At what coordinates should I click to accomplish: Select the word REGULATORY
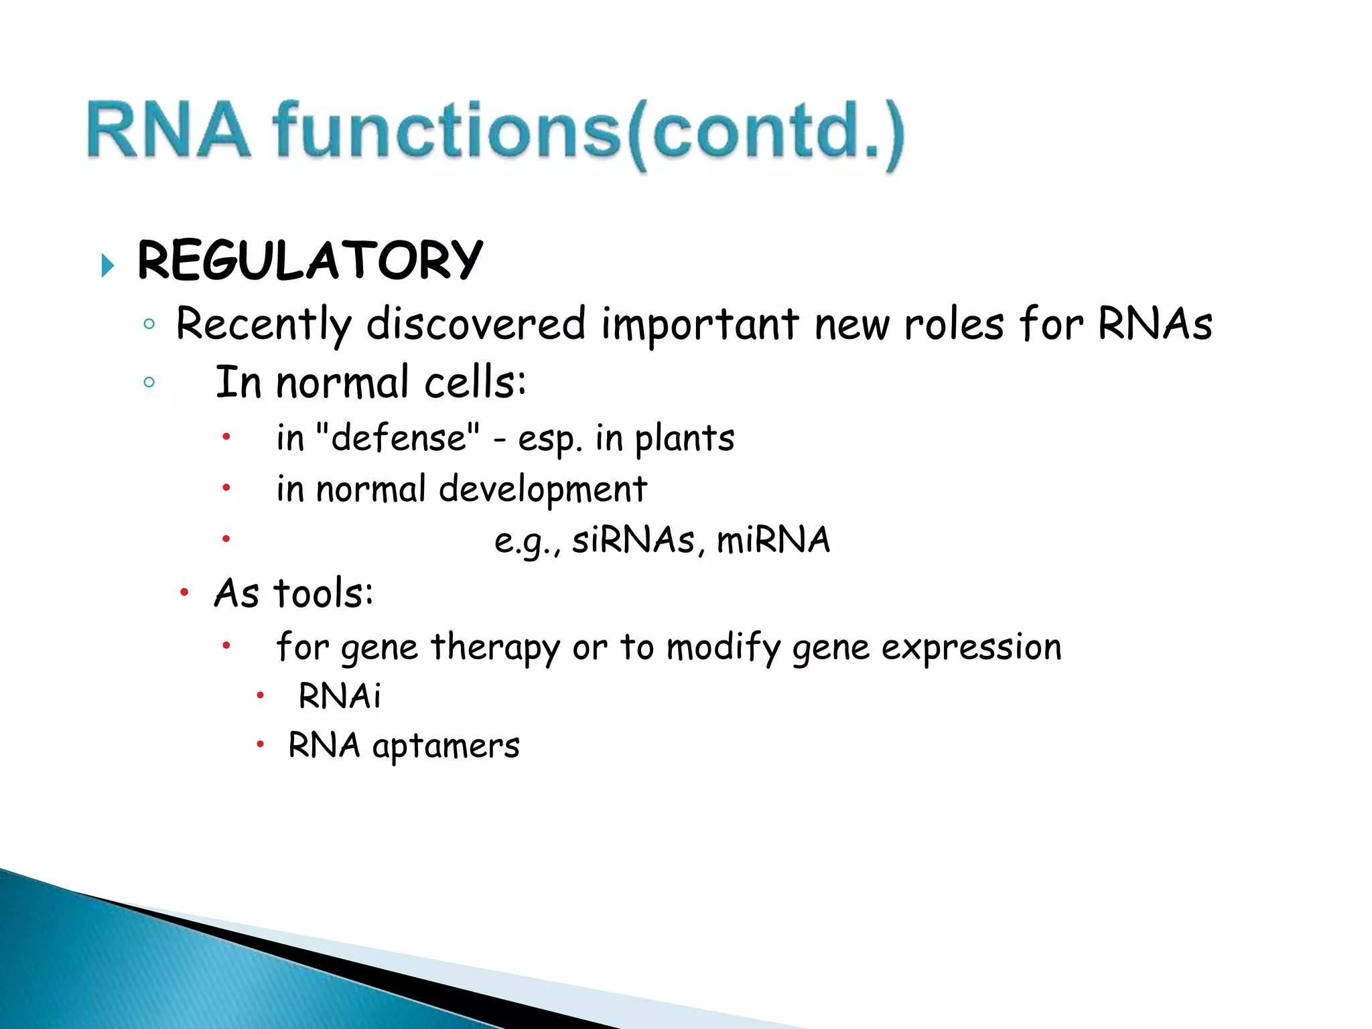310,260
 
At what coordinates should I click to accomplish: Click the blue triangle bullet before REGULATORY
107,266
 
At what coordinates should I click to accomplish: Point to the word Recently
263,324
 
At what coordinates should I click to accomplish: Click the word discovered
476,324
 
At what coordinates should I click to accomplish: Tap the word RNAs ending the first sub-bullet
1154,324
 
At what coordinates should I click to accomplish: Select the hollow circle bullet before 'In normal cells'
149,383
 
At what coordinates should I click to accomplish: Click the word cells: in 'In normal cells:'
475,383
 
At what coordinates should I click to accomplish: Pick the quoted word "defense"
397,438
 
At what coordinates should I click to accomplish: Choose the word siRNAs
633,540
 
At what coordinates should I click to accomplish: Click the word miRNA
773,540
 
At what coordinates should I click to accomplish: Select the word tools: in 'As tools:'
324,594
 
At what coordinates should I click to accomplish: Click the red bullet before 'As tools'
184,592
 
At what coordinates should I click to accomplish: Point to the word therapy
494,648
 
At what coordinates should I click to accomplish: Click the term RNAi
340,695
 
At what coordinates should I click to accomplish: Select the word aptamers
445,746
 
